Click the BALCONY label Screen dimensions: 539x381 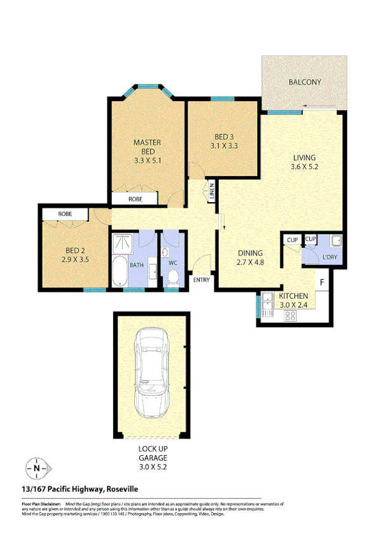(x=305, y=82)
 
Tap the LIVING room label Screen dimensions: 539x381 (x=304, y=158)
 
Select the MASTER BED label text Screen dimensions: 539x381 (x=147, y=147)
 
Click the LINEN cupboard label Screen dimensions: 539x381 (x=212, y=191)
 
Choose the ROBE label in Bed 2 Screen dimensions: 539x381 (x=65, y=214)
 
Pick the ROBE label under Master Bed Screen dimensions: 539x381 (x=135, y=199)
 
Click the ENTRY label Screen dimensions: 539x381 (x=201, y=280)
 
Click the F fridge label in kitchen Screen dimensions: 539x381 (x=322, y=282)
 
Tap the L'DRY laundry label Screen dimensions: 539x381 (x=329, y=257)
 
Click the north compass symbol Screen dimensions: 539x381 (x=37, y=469)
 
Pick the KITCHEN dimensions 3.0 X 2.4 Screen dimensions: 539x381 (x=294, y=304)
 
